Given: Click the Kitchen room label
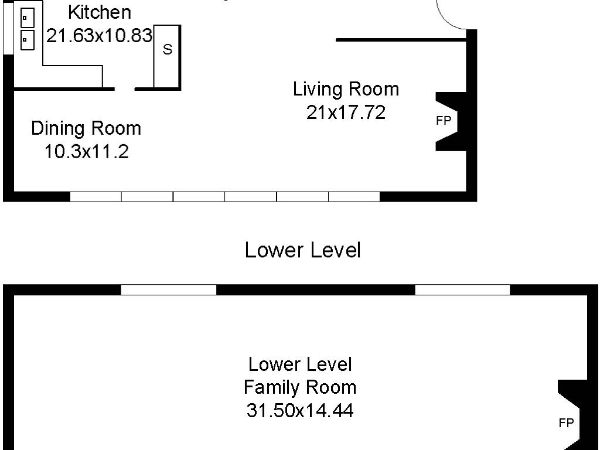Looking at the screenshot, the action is [x=100, y=12].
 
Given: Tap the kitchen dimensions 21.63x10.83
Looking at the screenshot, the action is [x=100, y=36].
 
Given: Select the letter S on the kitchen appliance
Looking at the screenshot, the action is [x=168, y=49].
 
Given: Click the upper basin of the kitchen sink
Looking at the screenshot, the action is [x=27, y=18].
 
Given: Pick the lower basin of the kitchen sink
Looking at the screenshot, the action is [x=27, y=40].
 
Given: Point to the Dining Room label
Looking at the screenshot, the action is [x=86, y=128].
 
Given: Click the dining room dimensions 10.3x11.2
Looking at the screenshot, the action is [x=87, y=152].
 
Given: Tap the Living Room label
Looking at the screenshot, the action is [x=346, y=89].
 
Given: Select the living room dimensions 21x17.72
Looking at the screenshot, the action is [x=346, y=112].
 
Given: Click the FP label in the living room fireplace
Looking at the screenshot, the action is [x=444, y=121].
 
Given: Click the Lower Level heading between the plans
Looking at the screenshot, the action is [x=303, y=250].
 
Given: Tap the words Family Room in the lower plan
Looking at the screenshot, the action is [x=300, y=387].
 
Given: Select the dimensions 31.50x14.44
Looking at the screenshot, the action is [x=300, y=411].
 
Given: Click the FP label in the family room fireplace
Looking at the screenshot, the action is [x=567, y=423].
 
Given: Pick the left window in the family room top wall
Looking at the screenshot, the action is [x=169, y=289].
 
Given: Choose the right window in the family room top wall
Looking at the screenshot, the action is [x=463, y=289].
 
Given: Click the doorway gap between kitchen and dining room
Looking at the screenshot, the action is [x=125, y=89].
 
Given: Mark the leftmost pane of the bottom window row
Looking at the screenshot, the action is [x=96, y=197].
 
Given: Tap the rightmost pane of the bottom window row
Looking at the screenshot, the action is [x=354, y=197].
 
